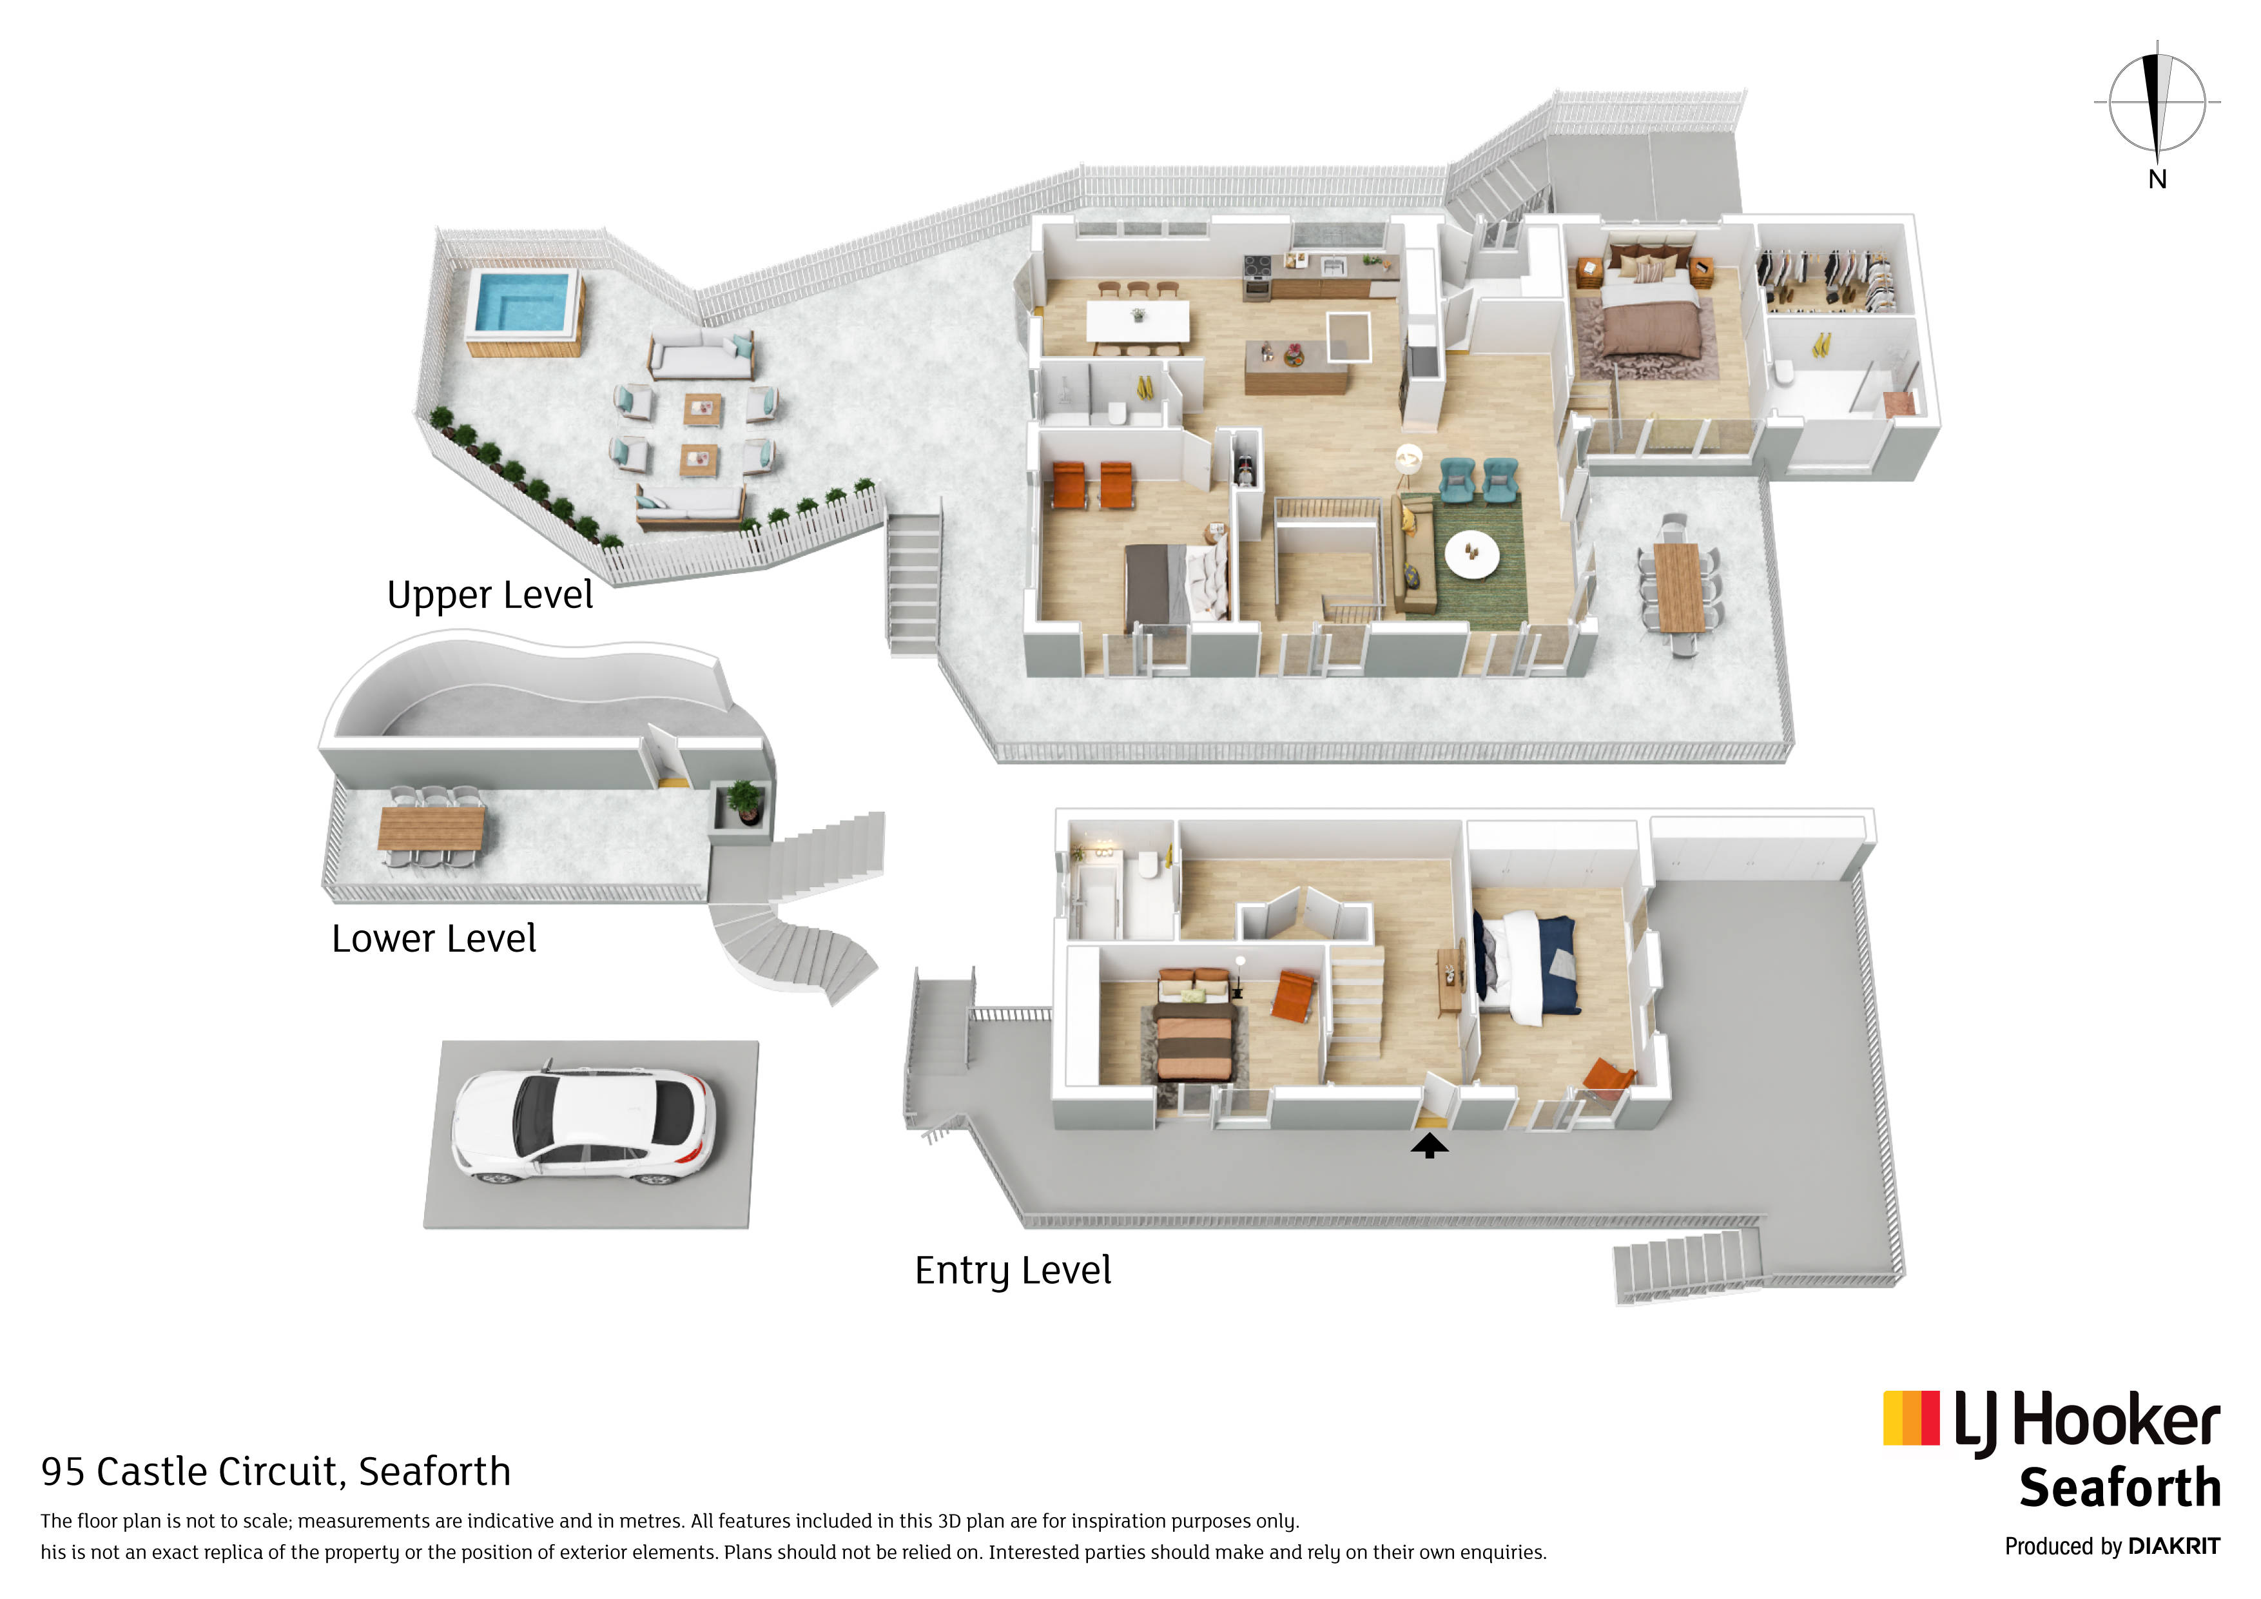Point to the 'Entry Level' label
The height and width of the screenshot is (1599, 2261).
click(x=1013, y=1271)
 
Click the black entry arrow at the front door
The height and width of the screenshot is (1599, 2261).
click(x=1429, y=1146)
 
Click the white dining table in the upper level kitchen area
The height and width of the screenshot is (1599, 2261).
click(x=1138, y=321)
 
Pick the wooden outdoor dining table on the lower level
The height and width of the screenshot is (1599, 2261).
click(x=431, y=828)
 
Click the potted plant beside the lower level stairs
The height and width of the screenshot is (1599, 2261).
click(x=744, y=802)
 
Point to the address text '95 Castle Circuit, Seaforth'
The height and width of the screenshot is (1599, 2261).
click(x=276, y=1472)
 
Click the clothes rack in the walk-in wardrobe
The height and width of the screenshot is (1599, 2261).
click(x=1827, y=276)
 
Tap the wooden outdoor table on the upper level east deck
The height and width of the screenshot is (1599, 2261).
click(x=1679, y=587)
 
